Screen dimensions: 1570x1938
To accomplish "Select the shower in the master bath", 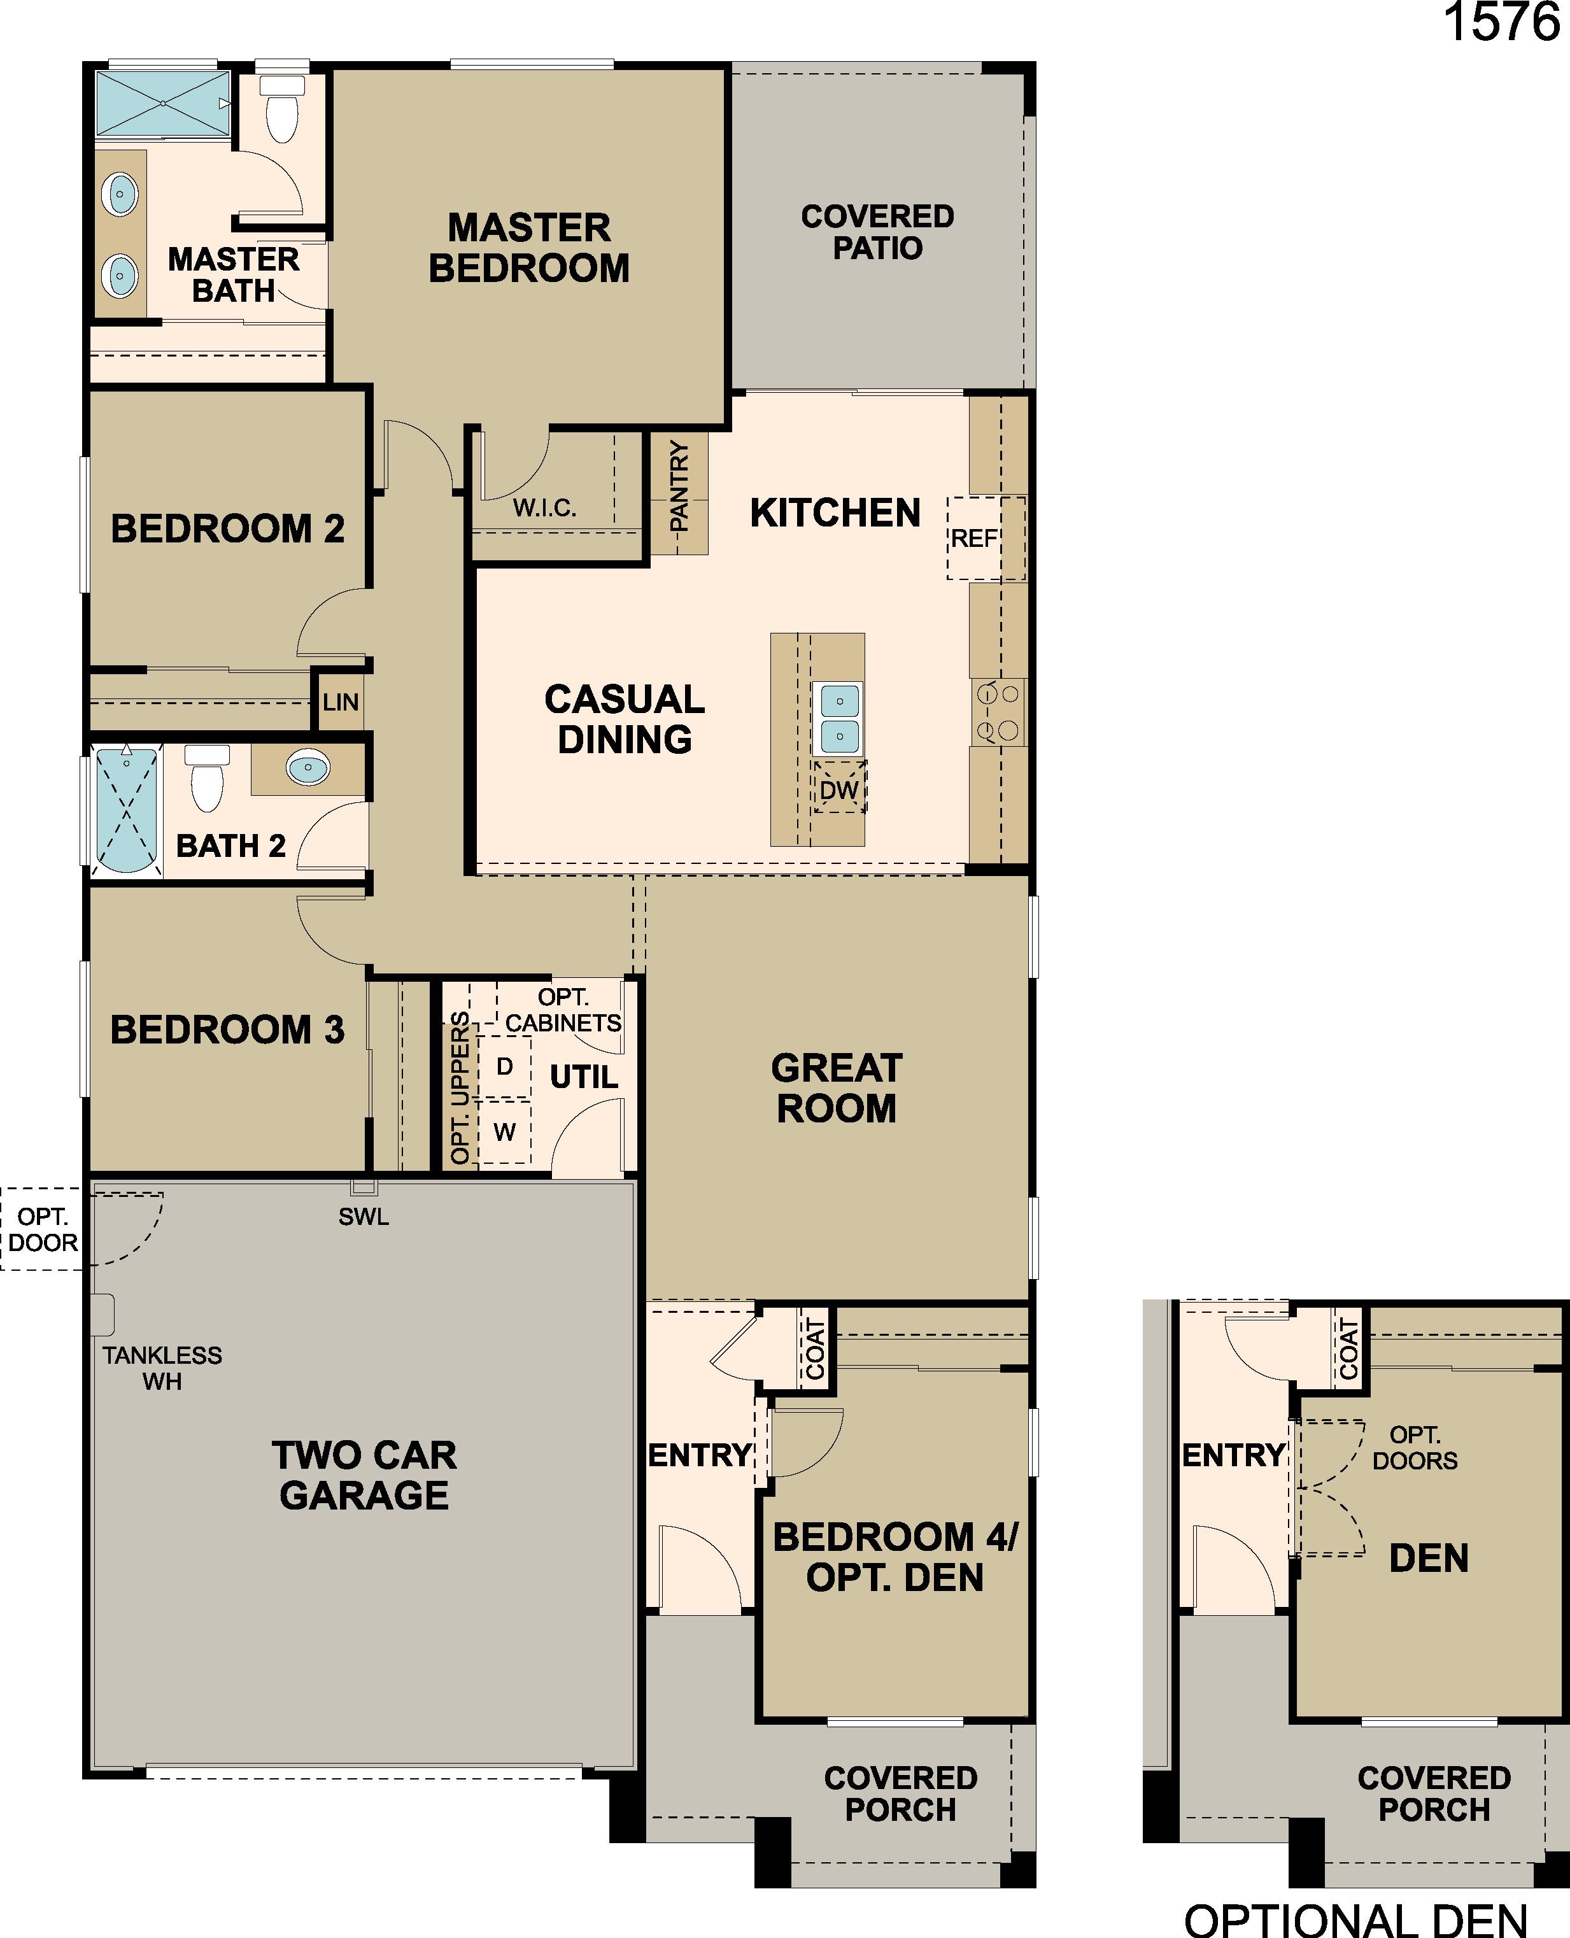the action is tap(163, 103).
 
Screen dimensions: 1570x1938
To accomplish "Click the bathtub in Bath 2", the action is tap(127, 809).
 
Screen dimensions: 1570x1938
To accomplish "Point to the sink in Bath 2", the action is tap(308, 768).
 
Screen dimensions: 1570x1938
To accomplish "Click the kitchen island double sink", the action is tap(839, 719).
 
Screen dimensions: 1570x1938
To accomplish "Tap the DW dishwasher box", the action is tap(839, 789).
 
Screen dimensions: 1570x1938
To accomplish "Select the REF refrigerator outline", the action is tap(986, 538).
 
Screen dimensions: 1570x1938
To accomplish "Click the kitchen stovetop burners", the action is tap(998, 712).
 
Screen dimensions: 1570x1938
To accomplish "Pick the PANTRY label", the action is tap(678, 486).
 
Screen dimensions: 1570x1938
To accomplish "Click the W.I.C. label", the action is tap(544, 507).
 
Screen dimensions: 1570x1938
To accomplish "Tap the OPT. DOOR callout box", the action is tap(43, 1229).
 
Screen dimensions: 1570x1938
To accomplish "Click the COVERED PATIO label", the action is tap(877, 232).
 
